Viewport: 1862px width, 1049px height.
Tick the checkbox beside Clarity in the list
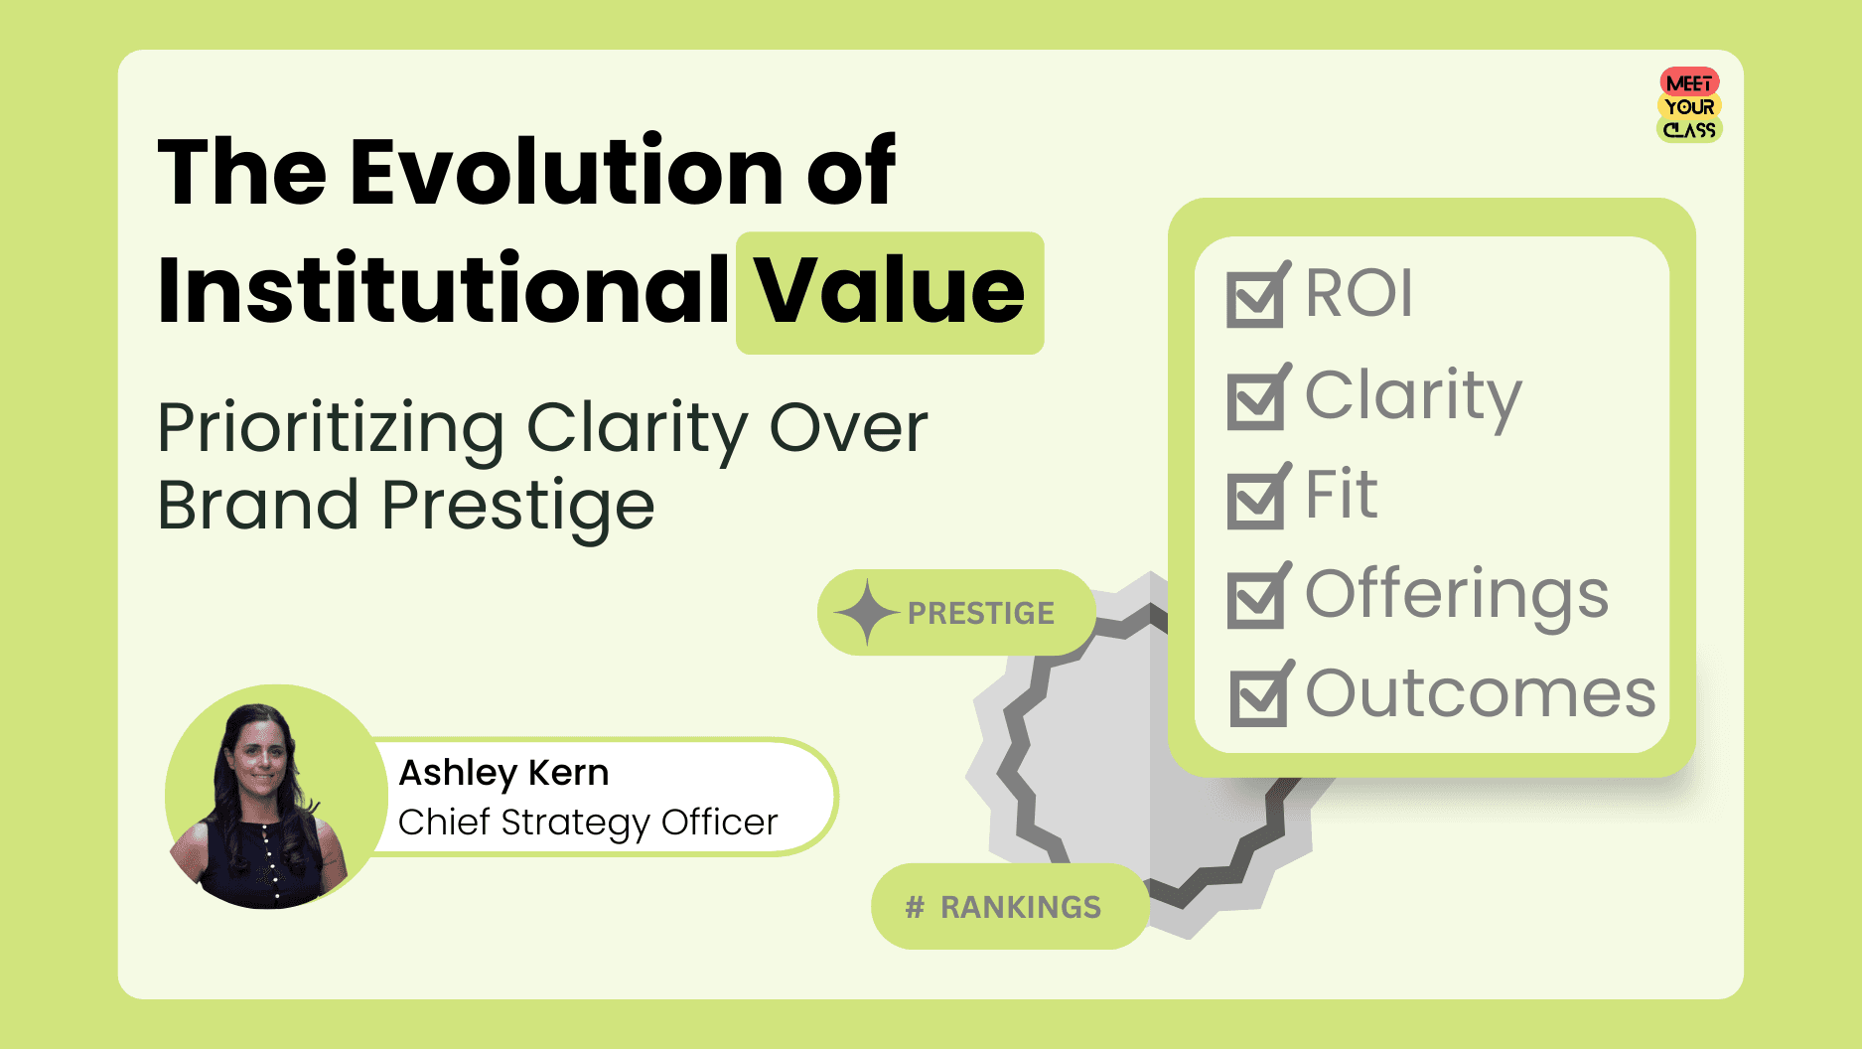(1255, 400)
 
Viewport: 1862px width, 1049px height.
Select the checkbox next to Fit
(1255, 500)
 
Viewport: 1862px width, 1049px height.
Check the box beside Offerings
(1255, 599)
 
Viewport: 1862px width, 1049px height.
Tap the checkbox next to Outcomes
(1257, 697)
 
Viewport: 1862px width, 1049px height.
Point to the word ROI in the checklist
(1359, 293)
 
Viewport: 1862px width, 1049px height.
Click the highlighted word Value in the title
(889, 291)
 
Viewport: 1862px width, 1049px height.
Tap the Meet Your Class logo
(1689, 105)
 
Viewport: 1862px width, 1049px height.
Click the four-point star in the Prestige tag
(866, 612)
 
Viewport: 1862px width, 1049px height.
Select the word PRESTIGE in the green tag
(981, 613)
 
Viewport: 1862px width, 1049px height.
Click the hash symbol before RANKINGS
(915, 907)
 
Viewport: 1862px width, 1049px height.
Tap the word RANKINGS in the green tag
(1021, 907)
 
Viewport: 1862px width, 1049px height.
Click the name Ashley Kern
(503, 773)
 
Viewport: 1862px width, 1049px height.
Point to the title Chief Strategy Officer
(588, 823)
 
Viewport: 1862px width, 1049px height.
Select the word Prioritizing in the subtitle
(331, 429)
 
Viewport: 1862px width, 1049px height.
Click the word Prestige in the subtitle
(517, 507)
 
